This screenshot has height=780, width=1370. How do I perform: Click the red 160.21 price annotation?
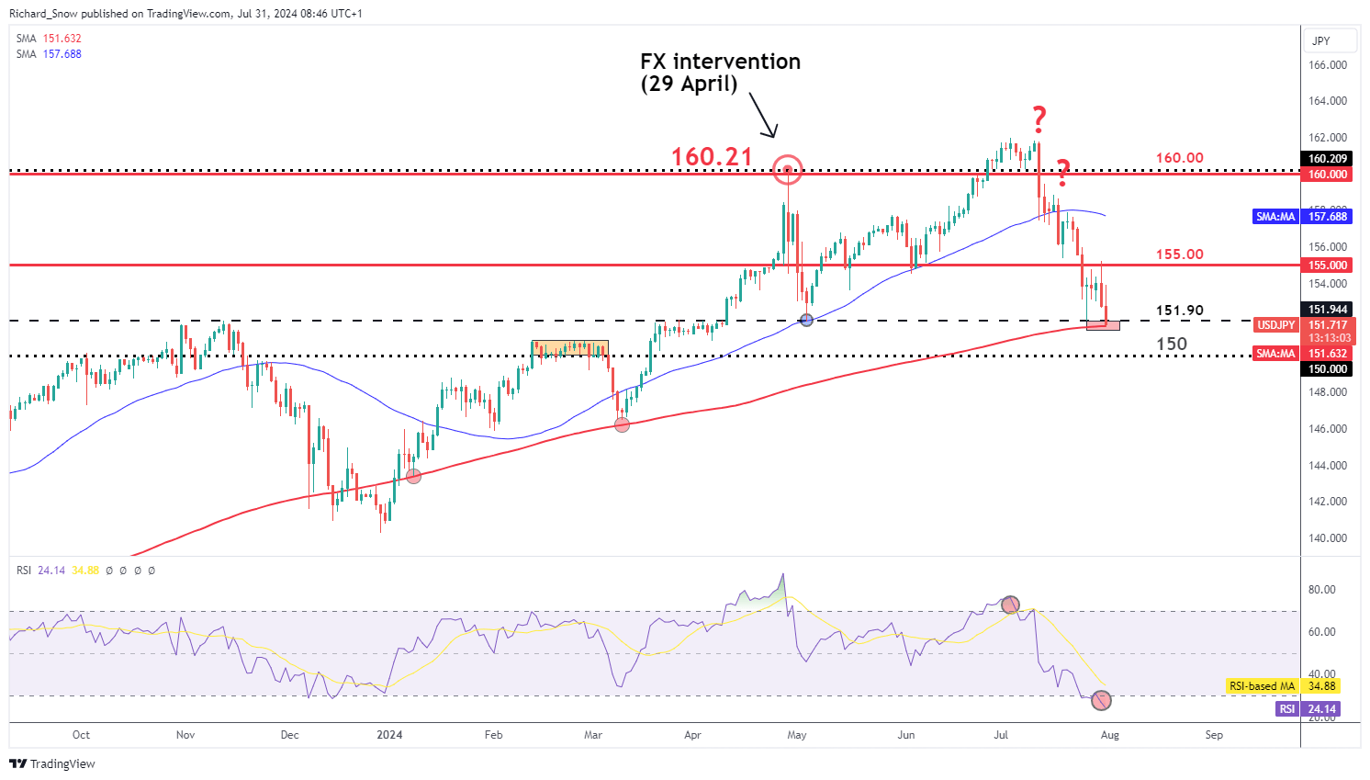(712, 157)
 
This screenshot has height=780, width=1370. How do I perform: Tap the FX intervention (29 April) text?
(720, 73)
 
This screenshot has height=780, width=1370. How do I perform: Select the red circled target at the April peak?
(788, 169)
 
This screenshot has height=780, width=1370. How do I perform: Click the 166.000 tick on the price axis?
(1327, 65)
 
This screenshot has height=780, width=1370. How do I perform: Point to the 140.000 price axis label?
(1327, 538)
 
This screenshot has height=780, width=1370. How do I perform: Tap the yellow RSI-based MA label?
(1282, 686)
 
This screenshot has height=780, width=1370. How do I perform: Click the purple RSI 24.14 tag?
(1308, 709)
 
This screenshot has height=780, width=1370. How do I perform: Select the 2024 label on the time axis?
(390, 735)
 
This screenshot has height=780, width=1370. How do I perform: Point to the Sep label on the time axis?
(1214, 735)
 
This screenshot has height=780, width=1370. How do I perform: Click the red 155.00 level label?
(1179, 254)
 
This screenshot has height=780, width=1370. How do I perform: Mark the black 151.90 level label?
(1179, 311)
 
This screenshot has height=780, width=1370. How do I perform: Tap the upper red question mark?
(1039, 118)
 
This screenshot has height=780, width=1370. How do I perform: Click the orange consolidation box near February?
(569, 348)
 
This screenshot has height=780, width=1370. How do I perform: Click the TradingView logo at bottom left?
(52, 764)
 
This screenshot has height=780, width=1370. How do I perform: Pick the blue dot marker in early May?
(807, 320)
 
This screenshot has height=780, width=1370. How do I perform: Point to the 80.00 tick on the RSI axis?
(1322, 590)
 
